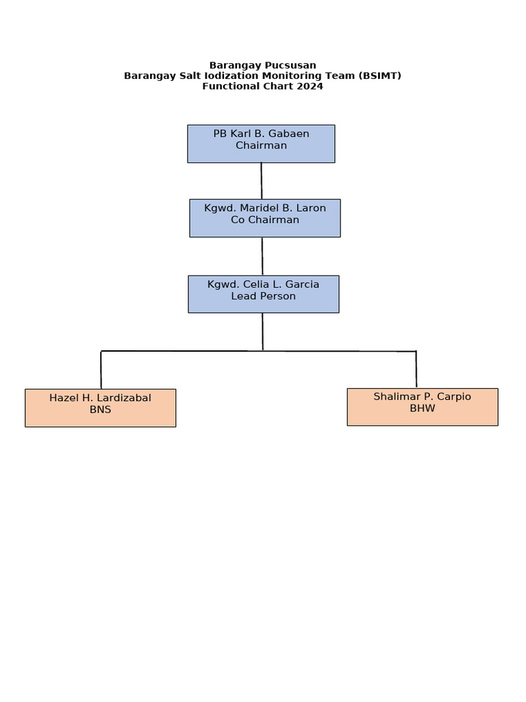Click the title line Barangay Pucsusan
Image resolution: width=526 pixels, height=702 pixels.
[262, 66]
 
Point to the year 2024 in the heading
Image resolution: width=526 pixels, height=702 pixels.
[310, 86]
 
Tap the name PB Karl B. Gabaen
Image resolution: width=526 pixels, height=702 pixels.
[261, 134]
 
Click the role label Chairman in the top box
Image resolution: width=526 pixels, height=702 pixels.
[261, 145]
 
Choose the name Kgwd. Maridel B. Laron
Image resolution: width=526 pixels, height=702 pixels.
[265, 208]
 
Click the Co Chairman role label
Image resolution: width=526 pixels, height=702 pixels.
[265, 220]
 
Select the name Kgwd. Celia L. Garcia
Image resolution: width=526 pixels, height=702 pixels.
[263, 284]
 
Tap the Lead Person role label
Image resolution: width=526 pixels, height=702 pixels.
[263, 296]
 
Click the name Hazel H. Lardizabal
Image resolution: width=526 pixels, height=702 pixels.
[100, 398]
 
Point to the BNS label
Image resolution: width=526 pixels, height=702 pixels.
[100, 410]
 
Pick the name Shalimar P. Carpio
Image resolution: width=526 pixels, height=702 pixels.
[422, 396]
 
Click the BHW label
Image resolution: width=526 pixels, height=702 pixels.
[422, 409]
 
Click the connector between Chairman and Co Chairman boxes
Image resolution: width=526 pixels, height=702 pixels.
[261, 181]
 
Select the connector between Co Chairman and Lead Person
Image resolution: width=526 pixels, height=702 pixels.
[262, 256]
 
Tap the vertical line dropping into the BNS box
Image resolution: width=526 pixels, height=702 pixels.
[101, 370]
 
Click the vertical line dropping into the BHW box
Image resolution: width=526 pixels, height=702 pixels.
[416, 370]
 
